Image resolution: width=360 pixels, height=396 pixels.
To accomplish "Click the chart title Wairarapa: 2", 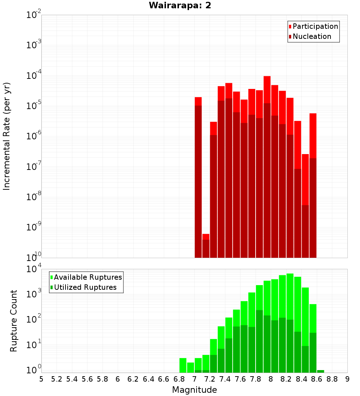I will click(x=180, y=6).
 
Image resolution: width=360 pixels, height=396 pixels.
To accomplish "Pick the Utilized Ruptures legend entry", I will click(x=85, y=287).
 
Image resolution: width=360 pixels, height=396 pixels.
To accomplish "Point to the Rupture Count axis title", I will click(x=14, y=321).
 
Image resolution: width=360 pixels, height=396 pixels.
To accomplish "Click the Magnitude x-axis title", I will click(x=194, y=390).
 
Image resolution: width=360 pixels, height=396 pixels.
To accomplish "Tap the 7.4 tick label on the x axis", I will click(x=225, y=379).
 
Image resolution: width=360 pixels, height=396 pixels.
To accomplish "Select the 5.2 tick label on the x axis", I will click(x=57, y=379).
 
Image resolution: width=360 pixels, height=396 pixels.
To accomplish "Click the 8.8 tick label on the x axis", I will click(x=332, y=379).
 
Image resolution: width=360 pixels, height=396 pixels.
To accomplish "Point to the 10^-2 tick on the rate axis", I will click(x=34, y=15).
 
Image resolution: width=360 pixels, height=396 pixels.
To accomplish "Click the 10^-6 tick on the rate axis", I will click(x=34, y=136).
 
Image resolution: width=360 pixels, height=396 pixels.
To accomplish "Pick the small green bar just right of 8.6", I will click(x=320, y=371).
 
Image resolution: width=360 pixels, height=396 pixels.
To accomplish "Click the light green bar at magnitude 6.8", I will click(x=183, y=365).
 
